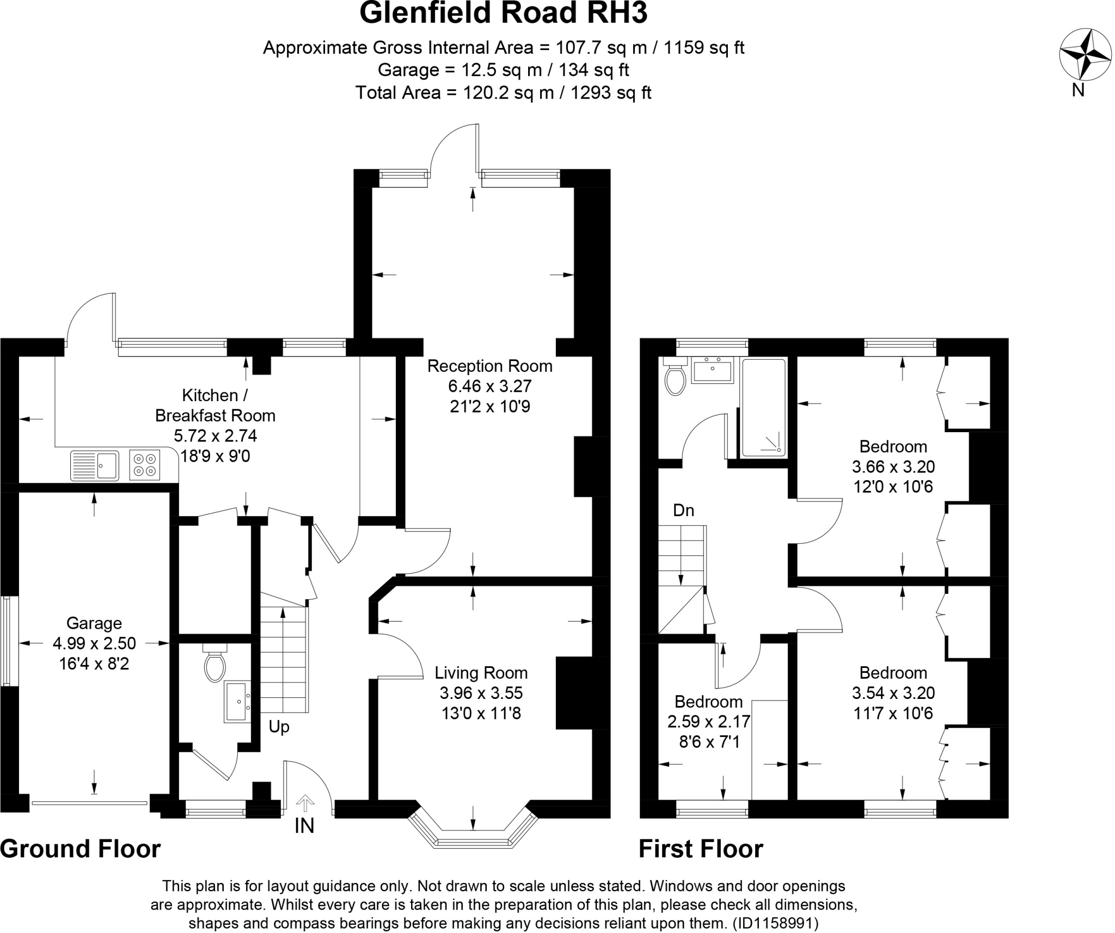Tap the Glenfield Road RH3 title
pos(503,14)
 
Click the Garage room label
pos(94,623)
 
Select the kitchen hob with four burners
pos(145,464)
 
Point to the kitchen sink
pos(94,465)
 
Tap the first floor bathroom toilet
pos(675,378)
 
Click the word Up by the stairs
pos(279,727)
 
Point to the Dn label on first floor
pos(683,510)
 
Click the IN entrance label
pos(304,826)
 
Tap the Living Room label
pos(481,673)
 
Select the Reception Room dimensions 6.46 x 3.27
pos(489,386)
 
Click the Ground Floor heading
pos(81,849)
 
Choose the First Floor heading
pos(701,849)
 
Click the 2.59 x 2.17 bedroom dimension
pos(708,722)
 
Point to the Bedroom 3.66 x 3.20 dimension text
pos(893,466)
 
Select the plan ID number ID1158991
pos(775,923)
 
